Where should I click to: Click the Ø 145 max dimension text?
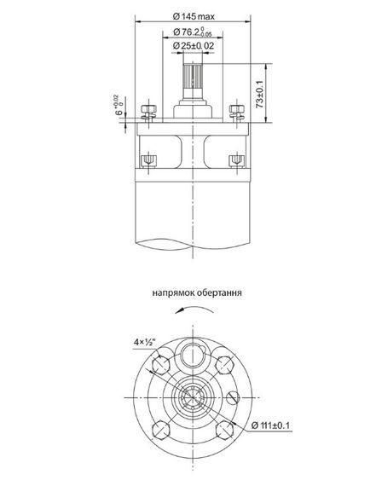coord(193,17)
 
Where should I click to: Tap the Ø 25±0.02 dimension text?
coord(192,45)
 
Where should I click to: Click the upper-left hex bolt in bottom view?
coord(160,367)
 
